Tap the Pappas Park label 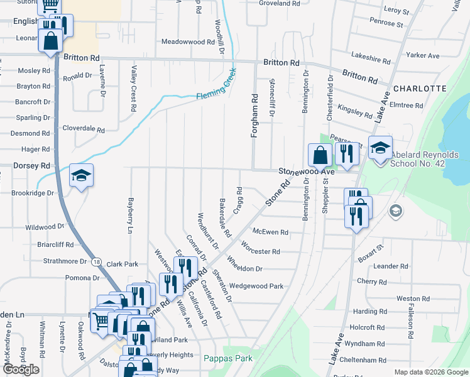pyautogui.click(x=228, y=358)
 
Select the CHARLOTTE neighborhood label pyautogui.click(x=420, y=89)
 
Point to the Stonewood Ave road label pyautogui.click(x=307, y=171)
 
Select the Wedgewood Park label pyautogui.click(x=256, y=286)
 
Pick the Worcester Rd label pyautogui.click(x=260, y=251)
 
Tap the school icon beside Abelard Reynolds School pyautogui.click(x=380, y=147)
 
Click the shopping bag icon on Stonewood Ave pyautogui.click(x=320, y=155)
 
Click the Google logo pyautogui.click(x=20, y=369)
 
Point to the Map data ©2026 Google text pyautogui.click(x=430, y=372)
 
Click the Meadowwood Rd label pyautogui.click(x=188, y=41)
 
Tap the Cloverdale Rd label pyautogui.click(x=84, y=129)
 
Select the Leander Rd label pyautogui.click(x=390, y=266)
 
